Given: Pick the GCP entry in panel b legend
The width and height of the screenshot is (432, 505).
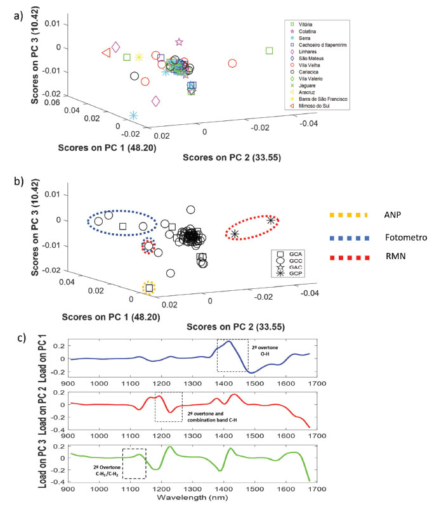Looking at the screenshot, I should pyautogui.click(x=292, y=273).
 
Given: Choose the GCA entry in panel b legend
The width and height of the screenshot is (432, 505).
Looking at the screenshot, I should pyautogui.click(x=292, y=254).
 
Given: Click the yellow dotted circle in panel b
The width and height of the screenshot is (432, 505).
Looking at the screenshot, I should pyautogui.click(x=148, y=288).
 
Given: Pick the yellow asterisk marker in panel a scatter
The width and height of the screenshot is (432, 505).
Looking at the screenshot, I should pyautogui.click(x=139, y=58).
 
